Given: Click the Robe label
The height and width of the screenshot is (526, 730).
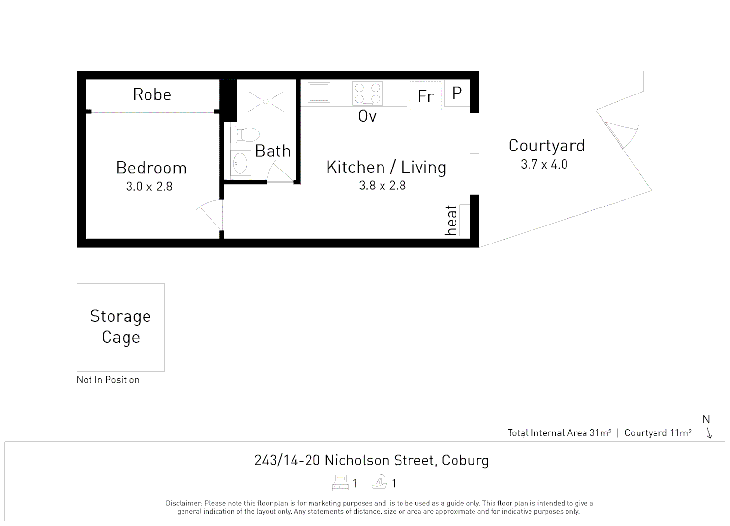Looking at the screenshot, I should (x=152, y=94).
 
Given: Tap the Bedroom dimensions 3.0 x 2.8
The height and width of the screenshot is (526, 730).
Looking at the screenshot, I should (x=149, y=187).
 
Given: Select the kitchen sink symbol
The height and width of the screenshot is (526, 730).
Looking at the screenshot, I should (x=319, y=93).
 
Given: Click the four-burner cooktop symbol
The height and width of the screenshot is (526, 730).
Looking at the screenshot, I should (x=367, y=93).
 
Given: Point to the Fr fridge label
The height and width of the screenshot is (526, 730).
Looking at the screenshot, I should (x=425, y=96).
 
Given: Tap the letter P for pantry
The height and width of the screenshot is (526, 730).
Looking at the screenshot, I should (x=456, y=93).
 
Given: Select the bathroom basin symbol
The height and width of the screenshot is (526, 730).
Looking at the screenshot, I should (x=240, y=164).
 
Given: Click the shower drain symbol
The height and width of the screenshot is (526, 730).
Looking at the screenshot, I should (x=266, y=101).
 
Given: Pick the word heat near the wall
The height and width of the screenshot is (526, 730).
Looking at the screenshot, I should (x=451, y=220).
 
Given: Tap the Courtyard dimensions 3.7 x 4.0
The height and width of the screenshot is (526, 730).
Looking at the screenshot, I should (x=544, y=165).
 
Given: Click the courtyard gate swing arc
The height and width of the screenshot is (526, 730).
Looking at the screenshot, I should (x=625, y=134).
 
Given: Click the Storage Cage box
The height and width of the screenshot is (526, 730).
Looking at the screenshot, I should (x=121, y=327).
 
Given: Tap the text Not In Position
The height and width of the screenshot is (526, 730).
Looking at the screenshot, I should (x=108, y=380).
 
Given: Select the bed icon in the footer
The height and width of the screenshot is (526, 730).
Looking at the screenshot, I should (x=341, y=483).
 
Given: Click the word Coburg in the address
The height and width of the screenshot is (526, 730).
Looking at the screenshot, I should (x=465, y=460).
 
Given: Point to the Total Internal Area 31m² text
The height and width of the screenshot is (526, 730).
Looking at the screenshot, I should (x=559, y=433).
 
